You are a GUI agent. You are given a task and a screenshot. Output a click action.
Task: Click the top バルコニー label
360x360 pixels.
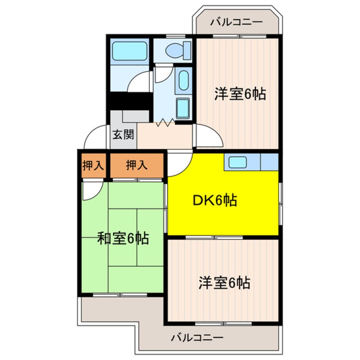237,22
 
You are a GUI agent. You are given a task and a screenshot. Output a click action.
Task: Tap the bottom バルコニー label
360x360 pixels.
197,338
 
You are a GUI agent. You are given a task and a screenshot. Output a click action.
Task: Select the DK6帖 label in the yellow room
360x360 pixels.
215,200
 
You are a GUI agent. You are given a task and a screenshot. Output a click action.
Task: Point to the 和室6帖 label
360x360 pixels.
123,239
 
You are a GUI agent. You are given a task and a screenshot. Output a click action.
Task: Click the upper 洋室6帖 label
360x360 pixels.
240,94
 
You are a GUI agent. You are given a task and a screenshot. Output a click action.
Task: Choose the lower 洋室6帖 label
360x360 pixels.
224,283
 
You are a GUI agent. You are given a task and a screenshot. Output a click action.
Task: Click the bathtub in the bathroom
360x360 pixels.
129,51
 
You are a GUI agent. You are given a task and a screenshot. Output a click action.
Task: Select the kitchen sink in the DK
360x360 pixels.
241,162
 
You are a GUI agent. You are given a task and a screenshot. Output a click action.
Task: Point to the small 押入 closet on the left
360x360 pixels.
93,166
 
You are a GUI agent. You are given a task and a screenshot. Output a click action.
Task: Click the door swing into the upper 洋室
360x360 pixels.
209,136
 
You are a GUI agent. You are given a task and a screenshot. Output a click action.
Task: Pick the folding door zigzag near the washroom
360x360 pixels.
166,123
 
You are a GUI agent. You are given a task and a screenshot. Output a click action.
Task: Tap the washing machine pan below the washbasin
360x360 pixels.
183,109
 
